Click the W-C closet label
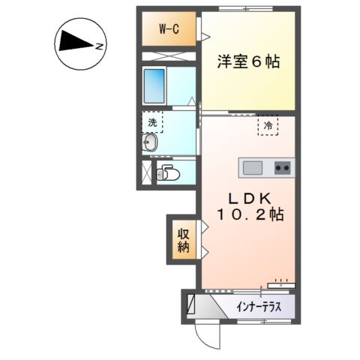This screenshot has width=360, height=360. (x=167, y=29)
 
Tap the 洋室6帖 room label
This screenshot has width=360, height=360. (x=248, y=62)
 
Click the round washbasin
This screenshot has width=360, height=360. (x=149, y=143)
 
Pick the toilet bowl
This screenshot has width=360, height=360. (x=166, y=172)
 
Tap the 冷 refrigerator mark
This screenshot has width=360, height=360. (x=267, y=124)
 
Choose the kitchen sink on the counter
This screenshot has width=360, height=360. (x=251, y=167)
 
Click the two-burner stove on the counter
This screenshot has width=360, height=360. (x=283, y=167)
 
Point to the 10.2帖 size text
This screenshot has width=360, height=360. (x=250, y=215)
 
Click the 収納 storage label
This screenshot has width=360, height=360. (x=183, y=239)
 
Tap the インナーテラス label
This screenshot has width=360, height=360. (x=259, y=307)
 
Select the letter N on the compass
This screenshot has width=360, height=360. (x=100, y=46)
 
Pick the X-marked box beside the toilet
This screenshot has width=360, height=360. (x=146, y=172)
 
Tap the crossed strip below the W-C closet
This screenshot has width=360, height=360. (x=169, y=55)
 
